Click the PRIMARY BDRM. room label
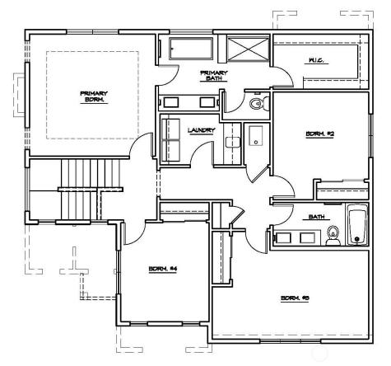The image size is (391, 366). tap(93, 96)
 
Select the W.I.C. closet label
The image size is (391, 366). tap(315, 60)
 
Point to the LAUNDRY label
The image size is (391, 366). tap(202, 130)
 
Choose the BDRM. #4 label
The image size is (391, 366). tap(159, 269)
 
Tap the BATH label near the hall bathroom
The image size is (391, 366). tap(317, 218)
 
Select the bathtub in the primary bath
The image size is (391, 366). tap(191, 49)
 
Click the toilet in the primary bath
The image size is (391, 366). tap(256, 104)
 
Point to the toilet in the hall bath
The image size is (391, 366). tap(333, 237)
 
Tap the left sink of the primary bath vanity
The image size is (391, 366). tap(172, 102)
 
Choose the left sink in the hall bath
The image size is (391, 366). tap(284, 237)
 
